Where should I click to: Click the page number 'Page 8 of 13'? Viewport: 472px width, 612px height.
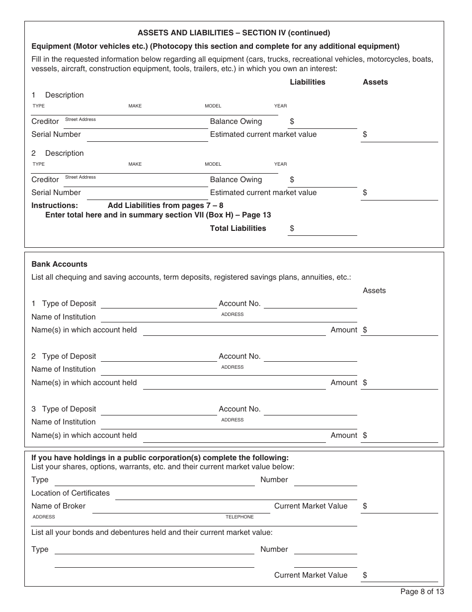tap(422, 592)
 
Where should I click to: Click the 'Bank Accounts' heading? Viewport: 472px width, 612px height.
tap(59, 264)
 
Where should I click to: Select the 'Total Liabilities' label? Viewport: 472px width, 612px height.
tap(238, 228)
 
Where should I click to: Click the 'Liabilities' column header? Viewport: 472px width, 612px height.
tap(308, 82)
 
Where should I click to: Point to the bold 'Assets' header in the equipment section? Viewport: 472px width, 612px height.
tap(375, 82)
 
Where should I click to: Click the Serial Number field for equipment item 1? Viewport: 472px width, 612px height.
tap(147, 135)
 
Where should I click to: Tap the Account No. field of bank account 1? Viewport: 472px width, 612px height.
tap(310, 304)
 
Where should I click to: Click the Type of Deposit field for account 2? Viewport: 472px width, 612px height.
tap(158, 356)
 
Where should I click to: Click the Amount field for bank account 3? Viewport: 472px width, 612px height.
tap(402, 436)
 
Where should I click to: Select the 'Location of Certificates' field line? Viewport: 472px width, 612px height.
tap(236, 494)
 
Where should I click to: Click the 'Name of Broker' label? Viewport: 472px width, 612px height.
tap(58, 506)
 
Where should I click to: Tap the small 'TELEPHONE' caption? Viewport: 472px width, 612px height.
tap(239, 517)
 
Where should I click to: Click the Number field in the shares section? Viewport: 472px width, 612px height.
tap(325, 480)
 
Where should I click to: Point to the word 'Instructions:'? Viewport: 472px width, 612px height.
tap(55, 205)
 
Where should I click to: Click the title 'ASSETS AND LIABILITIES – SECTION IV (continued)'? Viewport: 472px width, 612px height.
tap(234, 33)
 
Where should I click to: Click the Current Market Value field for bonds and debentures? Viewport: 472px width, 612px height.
tap(402, 576)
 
